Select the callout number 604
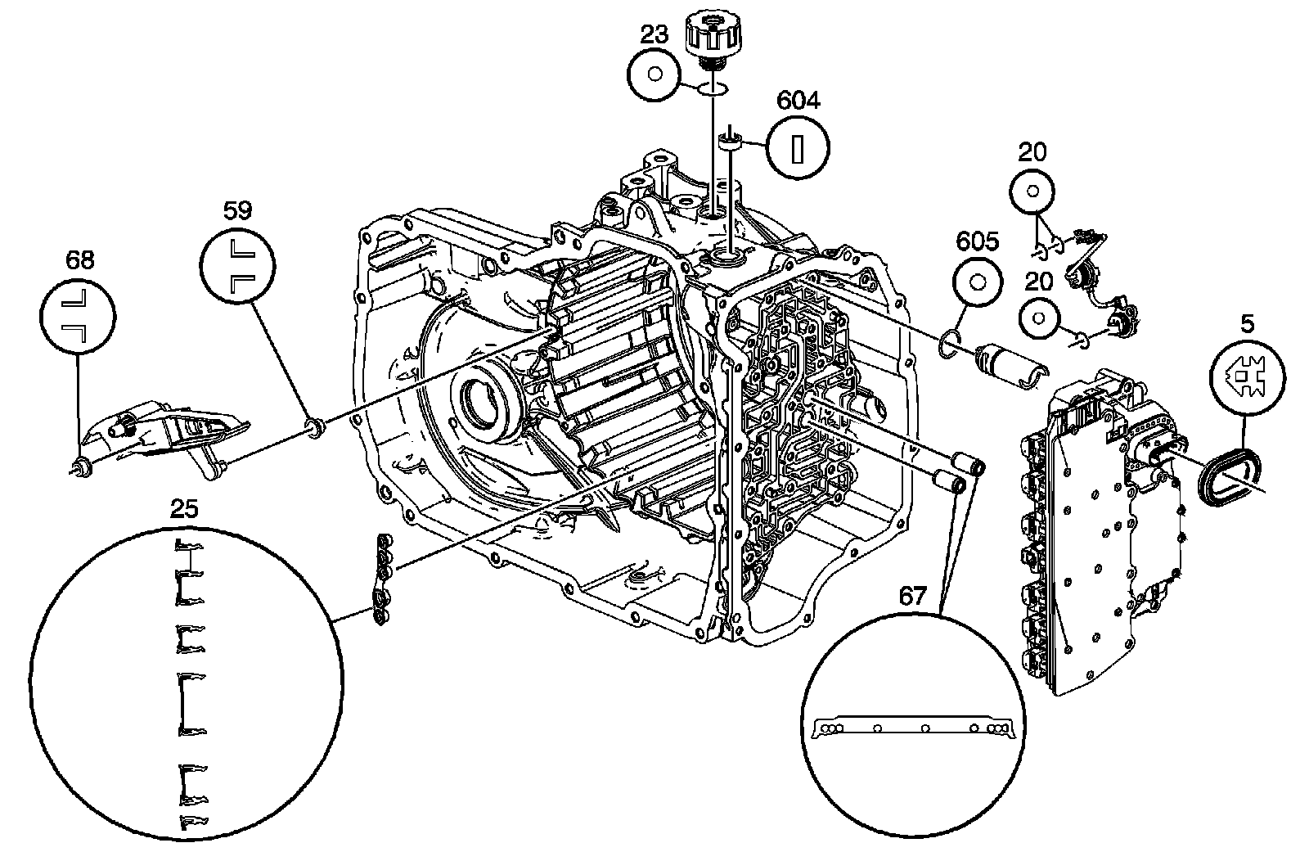[x=798, y=101]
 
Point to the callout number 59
[x=237, y=210]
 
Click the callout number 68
[x=79, y=260]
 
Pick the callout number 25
[x=184, y=509]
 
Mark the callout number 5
[x=1246, y=323]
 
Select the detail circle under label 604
[x=798, y=148]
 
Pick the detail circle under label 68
[x=79, y=315]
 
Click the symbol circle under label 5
[x=1246, y=375]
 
